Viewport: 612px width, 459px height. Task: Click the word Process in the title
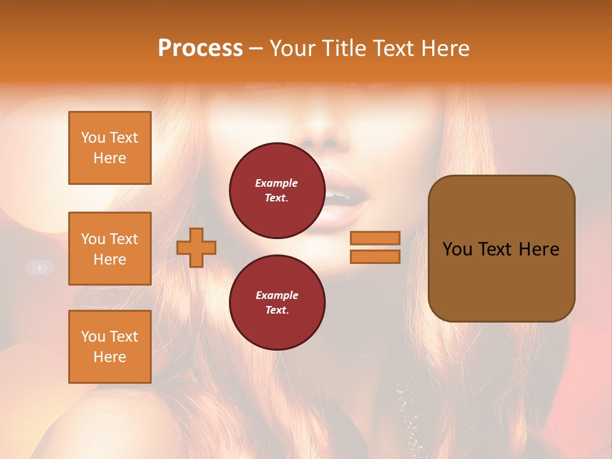tap(200, 48)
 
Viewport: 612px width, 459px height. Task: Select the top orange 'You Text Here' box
tap(110, 148)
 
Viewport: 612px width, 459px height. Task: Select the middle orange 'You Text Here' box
tap(110, 249)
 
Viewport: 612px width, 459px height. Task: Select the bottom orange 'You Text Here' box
tap(110, 346)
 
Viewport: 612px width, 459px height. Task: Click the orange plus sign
tap(196, 247)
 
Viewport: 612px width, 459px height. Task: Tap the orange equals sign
tap(375, 247)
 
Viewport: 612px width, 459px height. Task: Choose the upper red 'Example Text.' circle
tap(277, 191)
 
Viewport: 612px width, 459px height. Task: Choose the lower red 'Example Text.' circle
tap(277, 303)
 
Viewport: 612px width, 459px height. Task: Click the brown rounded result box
tap(501, 249)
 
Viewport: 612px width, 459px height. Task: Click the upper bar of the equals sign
tap(375, 238)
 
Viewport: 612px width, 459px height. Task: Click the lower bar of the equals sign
tap(375, 256)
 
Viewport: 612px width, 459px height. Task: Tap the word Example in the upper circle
tap(277, 183)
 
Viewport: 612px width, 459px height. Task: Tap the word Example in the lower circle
tap(277, 295)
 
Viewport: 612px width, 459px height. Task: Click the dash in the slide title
tap(256, 49)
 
